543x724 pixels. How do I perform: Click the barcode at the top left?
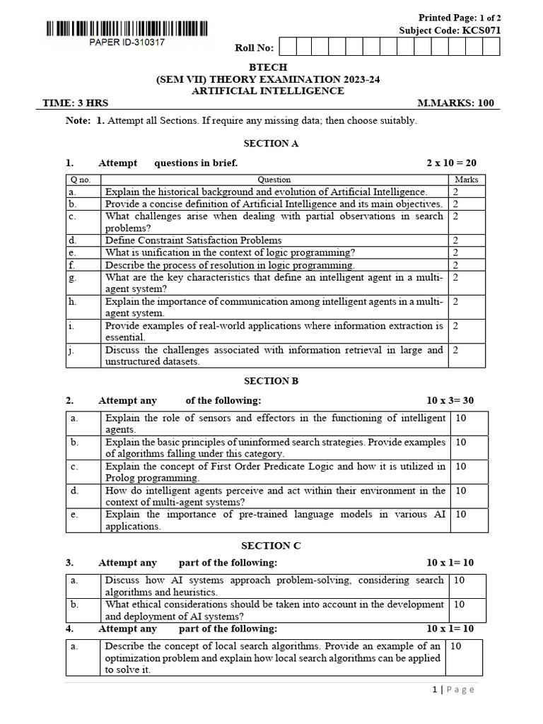point(127,29)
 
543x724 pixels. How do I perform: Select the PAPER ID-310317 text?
point(127,42)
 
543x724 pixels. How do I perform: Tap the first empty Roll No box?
point(288,47)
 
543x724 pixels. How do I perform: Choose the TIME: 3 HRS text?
point(71,103)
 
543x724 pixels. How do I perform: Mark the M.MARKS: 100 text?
point(455,103)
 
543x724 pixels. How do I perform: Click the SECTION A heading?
point(271,144)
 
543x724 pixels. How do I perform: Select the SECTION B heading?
point(271,381)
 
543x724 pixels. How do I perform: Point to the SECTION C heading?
point(271,546)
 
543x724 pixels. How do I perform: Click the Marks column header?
point(466,180)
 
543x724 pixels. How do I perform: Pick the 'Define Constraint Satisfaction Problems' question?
point(193,240)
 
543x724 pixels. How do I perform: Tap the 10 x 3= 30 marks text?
point(450,401)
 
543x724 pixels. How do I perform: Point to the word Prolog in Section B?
point(120,478)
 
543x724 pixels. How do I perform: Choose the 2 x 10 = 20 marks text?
point(451,163)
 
